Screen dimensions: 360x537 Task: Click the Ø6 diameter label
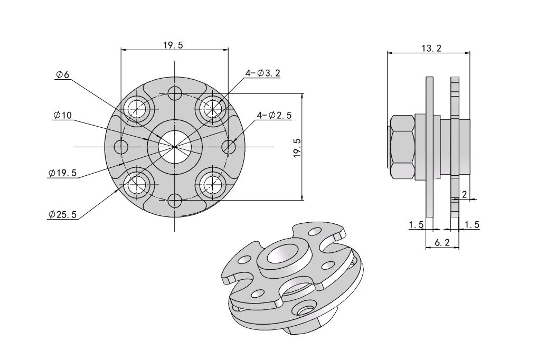click(x=62, y=75)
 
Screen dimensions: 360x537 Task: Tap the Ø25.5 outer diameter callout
click(x=62, y=214)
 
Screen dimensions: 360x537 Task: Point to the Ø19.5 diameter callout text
click(x=62, y=173)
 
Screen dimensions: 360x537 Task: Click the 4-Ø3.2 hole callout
click(x=262, y=73)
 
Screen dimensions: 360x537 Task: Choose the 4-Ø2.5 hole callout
click(x=274, y=116)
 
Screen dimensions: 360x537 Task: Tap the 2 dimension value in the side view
click(x=464, y=194)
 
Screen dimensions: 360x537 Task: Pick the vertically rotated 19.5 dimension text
click(x=297, y=148)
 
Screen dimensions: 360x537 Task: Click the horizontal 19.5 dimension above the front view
click(x=173, y=45)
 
